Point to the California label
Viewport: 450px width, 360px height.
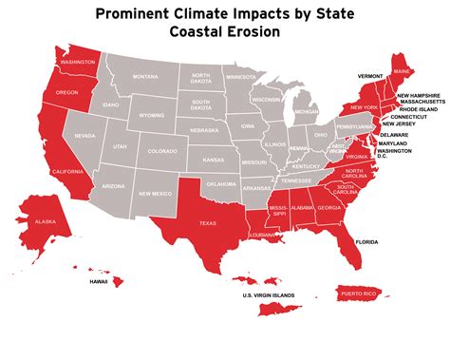(x=68, y=171)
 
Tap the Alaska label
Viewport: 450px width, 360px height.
(x=46, y=221)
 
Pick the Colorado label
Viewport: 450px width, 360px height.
(x=161, y=151)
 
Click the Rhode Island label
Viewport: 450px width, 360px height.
(x=418, y=109)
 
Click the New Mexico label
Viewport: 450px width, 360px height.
(x=154, y=195)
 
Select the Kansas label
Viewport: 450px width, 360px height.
(x=214, y=159)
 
